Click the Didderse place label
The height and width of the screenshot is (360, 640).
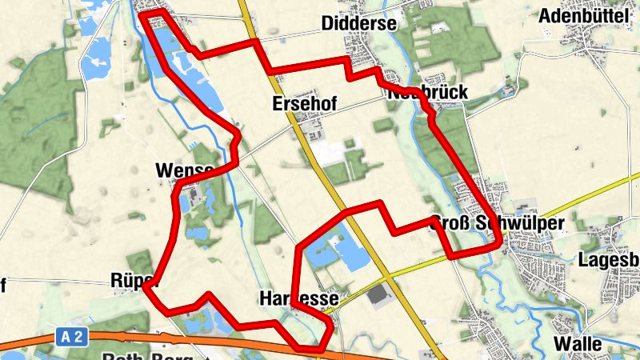coord(359,24)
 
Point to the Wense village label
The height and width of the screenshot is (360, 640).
coord(185,170)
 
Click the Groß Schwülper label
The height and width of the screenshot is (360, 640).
coord(498,223)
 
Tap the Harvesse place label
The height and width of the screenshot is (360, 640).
coord(298,298)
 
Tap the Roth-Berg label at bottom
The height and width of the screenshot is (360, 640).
coord(145,355)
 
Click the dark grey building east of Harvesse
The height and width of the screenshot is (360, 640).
coord(378,296)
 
